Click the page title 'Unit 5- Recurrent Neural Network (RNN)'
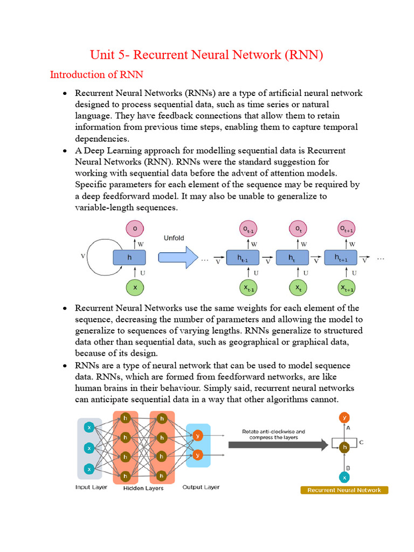pos(206,55)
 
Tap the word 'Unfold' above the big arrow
pos(174,238)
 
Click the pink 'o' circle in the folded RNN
pos(135,229)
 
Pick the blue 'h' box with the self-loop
pos(129,258)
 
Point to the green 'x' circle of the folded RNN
pos(135,287)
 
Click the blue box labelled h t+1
pos(341,258)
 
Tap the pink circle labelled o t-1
pos(249,229)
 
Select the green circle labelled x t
pos(297,288)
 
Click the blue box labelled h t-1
pos(243,258)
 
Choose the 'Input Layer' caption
pos(91,487)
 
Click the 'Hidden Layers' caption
pos(144,488)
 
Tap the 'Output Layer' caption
pos(201,487)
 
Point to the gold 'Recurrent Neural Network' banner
pos(344,490)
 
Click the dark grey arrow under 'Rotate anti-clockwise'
pos(278,445)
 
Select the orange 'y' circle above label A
pos(344,417)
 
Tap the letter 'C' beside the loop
pos(361,443)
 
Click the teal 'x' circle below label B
pos(344,477)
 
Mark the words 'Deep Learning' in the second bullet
pos(109,150)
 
